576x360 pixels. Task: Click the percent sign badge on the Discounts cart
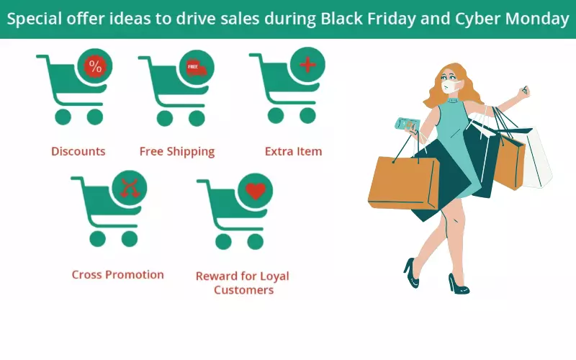point(95,66)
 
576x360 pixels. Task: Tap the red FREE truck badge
point(196,68)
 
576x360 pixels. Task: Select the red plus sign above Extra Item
point(308,65)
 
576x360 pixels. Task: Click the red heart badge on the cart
point(256,191)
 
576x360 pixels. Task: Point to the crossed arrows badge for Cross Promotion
point(130,188)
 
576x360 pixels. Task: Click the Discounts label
point(78,151)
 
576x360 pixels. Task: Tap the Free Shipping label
point(177,152)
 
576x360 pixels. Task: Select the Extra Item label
point(294,151)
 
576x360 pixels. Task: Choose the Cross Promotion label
point(118,275)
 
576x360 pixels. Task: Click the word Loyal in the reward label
point(274,276)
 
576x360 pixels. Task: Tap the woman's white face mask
point(451,86)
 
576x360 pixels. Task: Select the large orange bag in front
point(404,183)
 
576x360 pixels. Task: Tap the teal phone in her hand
point(407,124)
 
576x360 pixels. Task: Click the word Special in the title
point(34,19)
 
